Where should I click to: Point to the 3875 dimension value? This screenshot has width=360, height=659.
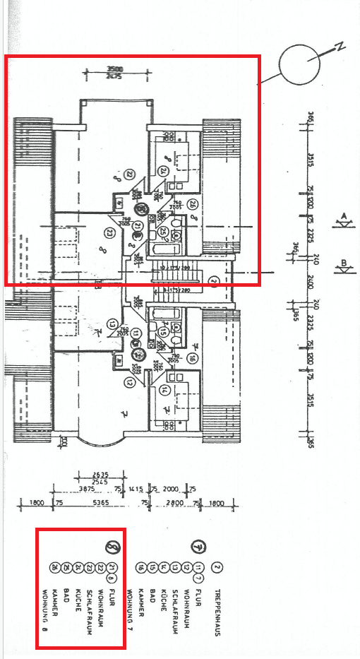(87, 488)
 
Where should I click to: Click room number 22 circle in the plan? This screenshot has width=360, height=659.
(129, 174)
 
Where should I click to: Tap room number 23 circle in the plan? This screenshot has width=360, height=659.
(109, 232)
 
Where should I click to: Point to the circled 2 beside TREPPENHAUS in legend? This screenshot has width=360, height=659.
(218, 567)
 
